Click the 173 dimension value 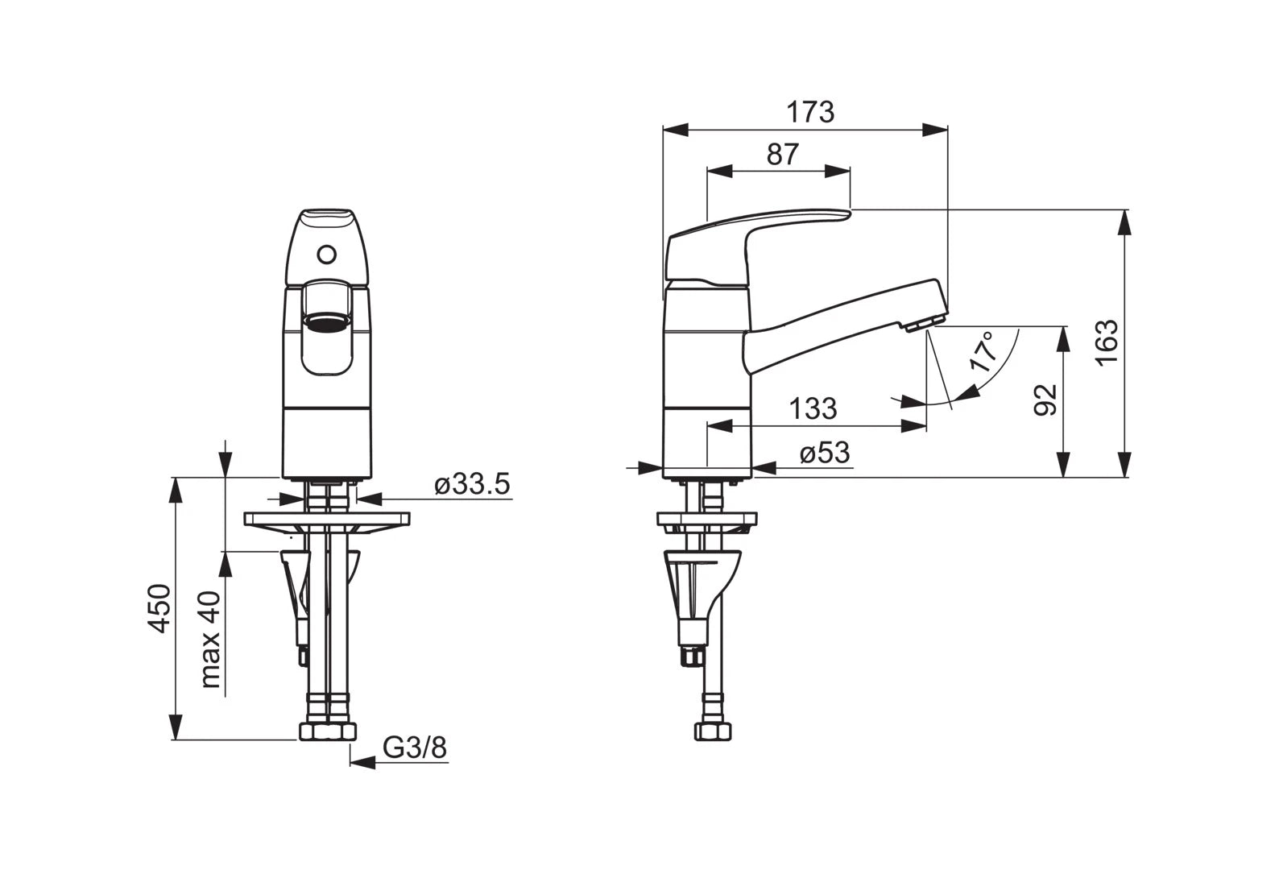(x=810, y=113)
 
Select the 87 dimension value (x=782, y=154)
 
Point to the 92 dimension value (x=1046, y=400)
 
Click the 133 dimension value (x=813, y=408)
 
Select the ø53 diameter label (x=825, y=454)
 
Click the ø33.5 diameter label (x=472, y=485)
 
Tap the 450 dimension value (x=159, y=608)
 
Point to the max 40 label (x=210, y=640)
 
